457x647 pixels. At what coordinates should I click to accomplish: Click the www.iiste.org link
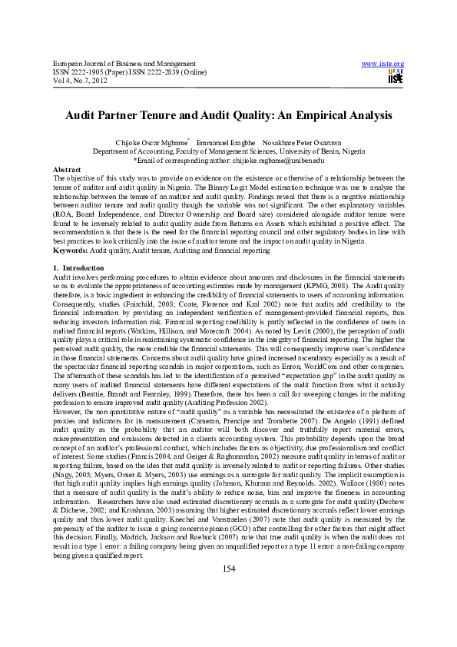[387, 62]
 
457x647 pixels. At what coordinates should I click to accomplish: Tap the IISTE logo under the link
[396, 77]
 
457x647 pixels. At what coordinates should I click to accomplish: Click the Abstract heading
[65, 168]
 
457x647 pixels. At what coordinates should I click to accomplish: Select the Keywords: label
[68, 230]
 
